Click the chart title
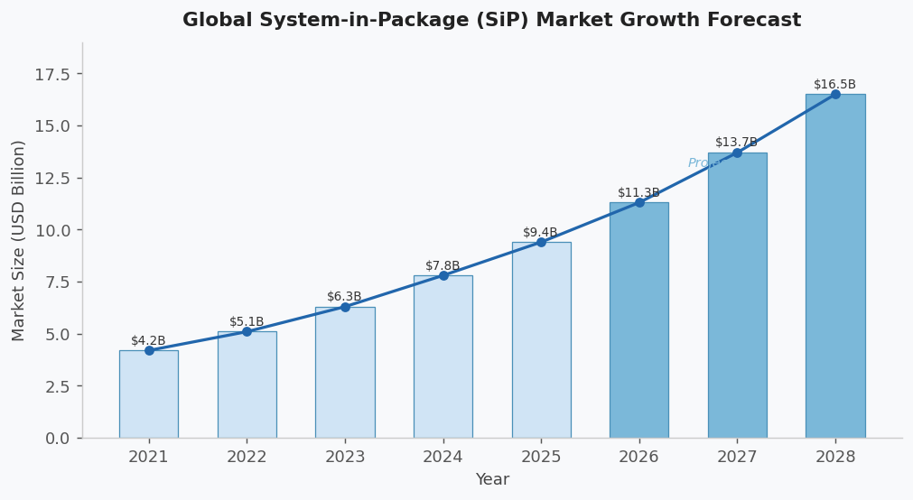491,20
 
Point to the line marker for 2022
247,331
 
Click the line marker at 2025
541,242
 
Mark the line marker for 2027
737,153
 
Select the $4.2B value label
148,340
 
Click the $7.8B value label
443,265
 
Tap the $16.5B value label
834,84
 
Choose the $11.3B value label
638,192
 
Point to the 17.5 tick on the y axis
52,74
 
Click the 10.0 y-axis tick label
52,230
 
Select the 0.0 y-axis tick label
57,439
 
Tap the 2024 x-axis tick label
443,457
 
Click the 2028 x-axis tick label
835,457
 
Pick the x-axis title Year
492,480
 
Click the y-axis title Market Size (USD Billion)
19,240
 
